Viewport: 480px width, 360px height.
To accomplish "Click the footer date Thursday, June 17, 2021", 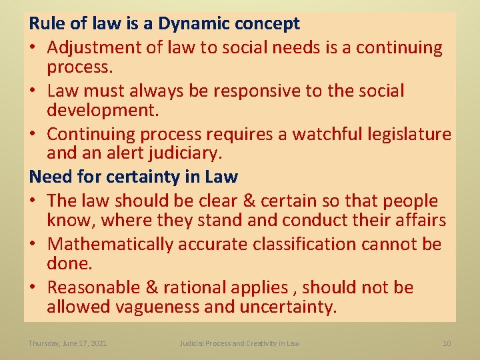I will coord(67,343).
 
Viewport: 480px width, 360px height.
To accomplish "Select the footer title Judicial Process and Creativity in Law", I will coord(239,343).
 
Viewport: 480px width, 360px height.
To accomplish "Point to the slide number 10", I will coord(447,343).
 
